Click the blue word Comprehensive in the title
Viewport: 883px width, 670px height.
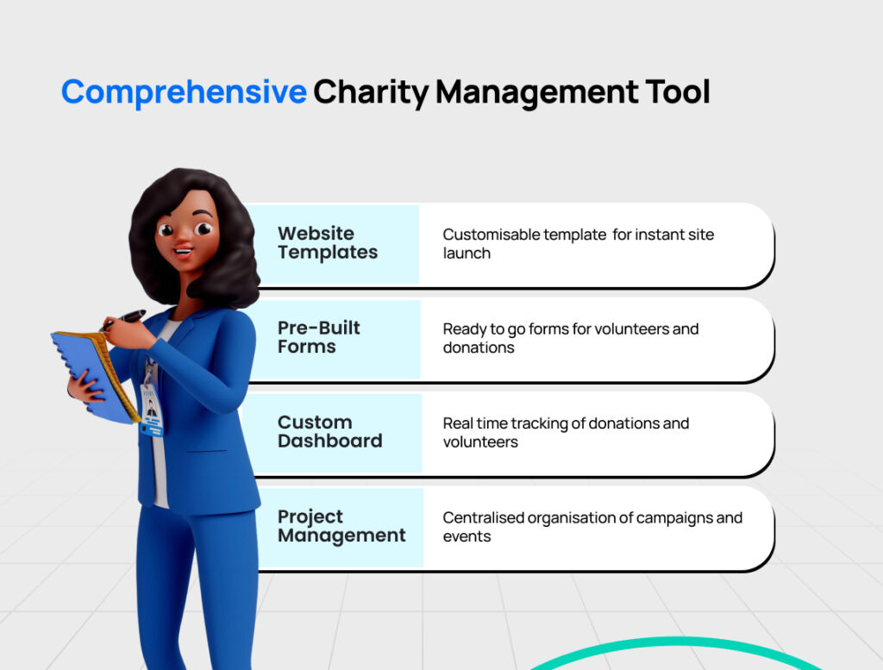pos(185,91)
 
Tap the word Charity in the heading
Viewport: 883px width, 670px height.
pos(371,91)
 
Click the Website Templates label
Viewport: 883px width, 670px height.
pos(328,242)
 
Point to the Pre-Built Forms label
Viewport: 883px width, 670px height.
pos(319,336)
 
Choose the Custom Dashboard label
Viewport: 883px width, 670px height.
pos(330,431)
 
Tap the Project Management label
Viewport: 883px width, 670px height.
pos(341,526)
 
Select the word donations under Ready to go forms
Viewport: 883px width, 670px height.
pos(479,348)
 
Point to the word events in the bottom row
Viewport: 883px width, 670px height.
pos(467,536)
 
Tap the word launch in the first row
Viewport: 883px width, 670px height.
pos(467,254)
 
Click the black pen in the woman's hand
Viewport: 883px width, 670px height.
pos(124,319)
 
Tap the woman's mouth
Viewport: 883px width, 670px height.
pos(183,251)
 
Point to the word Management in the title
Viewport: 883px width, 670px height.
pos(537,91)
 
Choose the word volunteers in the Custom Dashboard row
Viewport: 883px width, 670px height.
pos(480,442)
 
